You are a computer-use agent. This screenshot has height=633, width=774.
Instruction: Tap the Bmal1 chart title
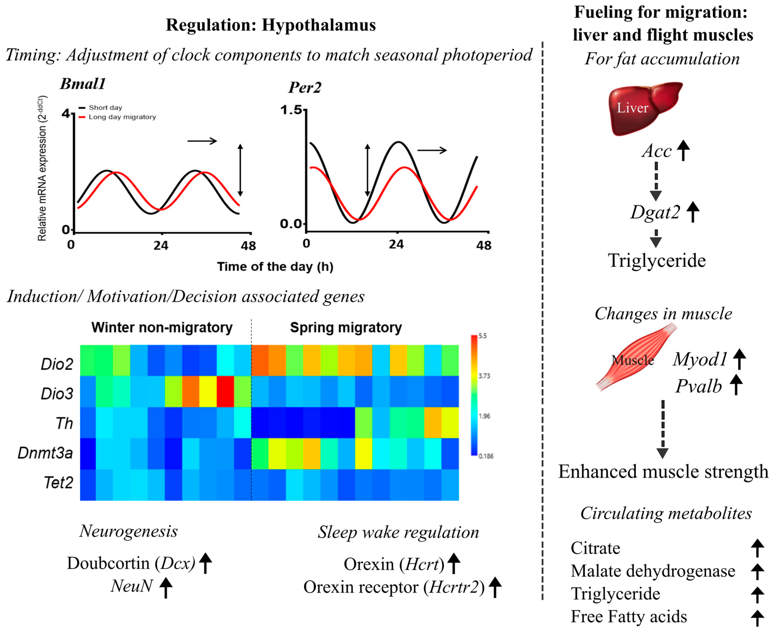point(83,84)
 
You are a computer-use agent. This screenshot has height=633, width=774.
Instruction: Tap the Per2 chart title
point(305,87)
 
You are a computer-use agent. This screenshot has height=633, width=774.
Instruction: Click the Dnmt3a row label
point(45,453)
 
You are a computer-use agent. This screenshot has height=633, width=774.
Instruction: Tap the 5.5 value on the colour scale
point(483,336)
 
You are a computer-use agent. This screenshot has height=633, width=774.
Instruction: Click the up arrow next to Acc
point(683,150)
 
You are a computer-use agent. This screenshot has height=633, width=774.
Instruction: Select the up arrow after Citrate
point(757,548)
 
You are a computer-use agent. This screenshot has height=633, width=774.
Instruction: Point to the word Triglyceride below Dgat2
point(657,261)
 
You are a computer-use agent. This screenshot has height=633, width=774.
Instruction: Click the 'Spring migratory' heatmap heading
point(346,327)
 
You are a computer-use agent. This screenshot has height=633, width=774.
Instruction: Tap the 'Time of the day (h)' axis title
point(275,267)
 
